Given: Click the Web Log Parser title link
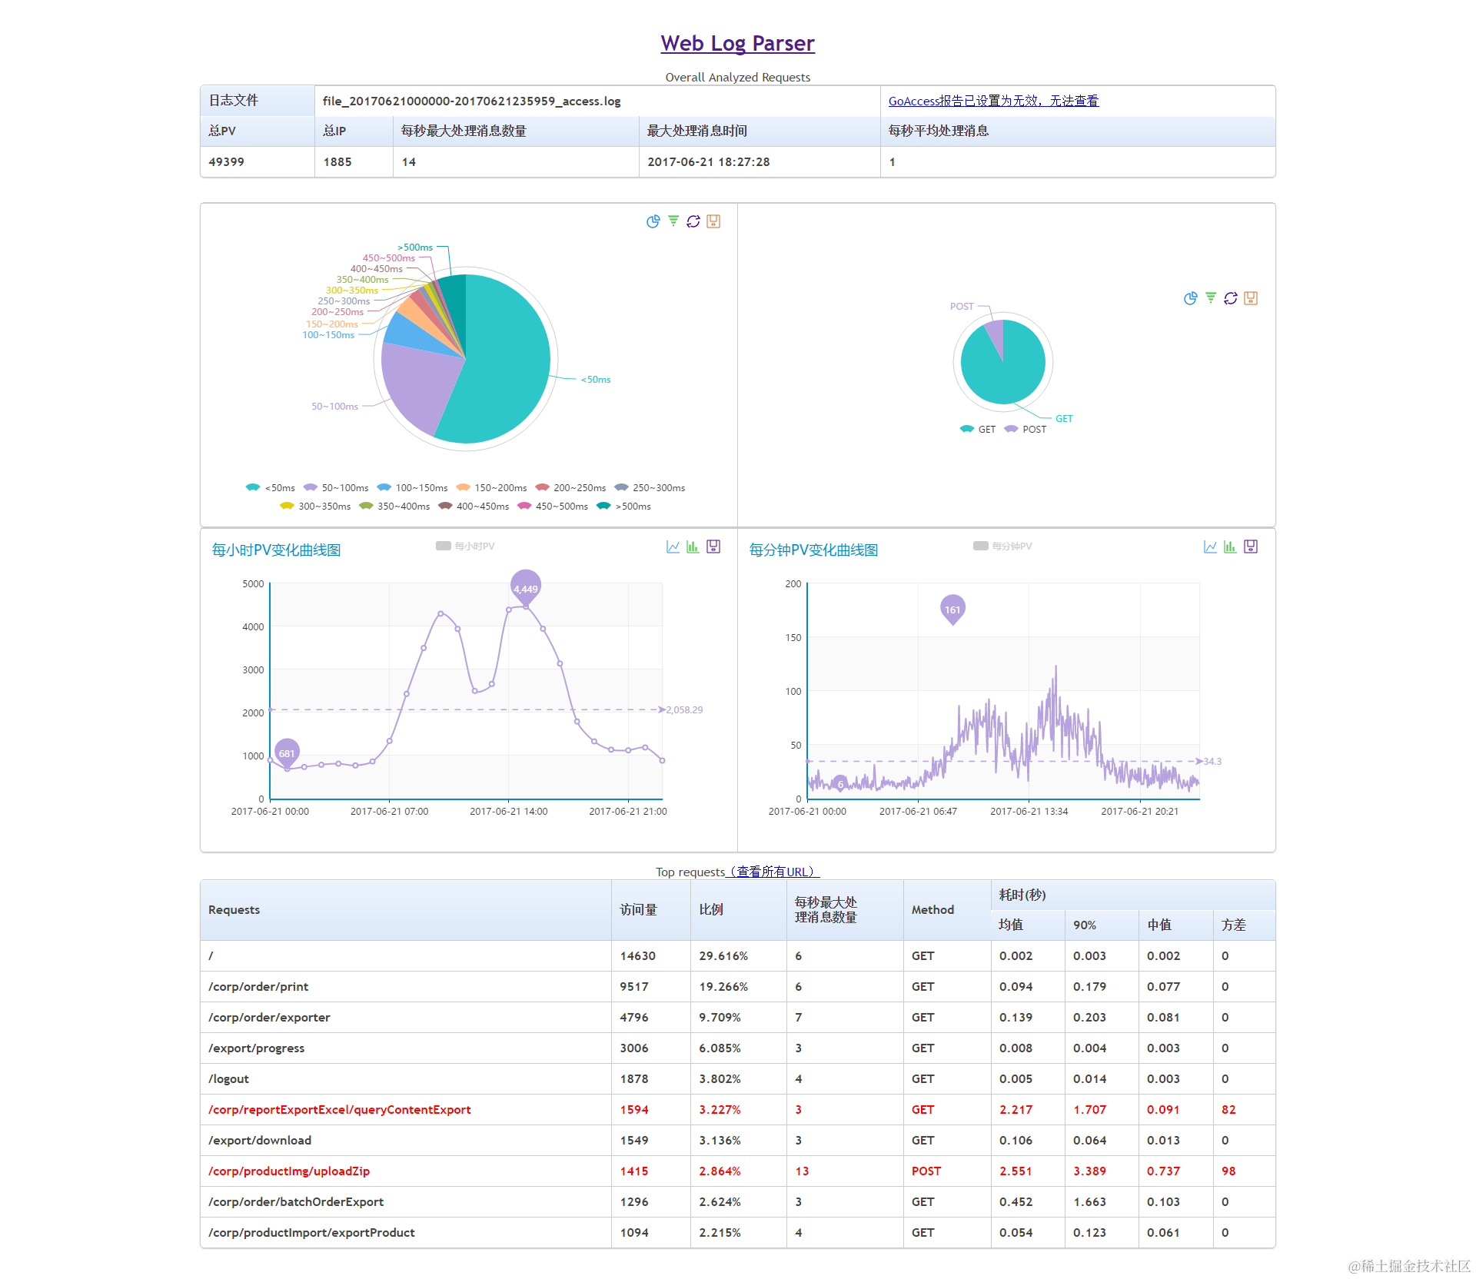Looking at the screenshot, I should pyautogui.click(x=737, y=44).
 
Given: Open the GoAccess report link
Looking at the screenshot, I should pyautogui.click(x=993, y=101).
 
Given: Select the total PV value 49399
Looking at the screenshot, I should pyautogui.click(x=226, y=162).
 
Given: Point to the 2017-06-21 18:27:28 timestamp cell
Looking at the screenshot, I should pyautogui.click(x=708, y=162).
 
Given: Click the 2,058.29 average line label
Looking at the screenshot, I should pyautogui.click(x=684, y=710).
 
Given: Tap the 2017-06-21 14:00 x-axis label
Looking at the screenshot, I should pyautogui.click(x=508, y=812).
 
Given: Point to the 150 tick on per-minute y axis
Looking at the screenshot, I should pyautogui.click(x=793, y=638).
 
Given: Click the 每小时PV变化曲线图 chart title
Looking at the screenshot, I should pyautogui.click(x=276, y=550).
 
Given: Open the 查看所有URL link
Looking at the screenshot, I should pyautogui.click(x=773, y=872).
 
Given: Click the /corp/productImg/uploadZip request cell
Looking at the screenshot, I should pyautogui.click(x=289, y=1171).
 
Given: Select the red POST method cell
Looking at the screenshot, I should pyautogui.click(x=926, y=1171).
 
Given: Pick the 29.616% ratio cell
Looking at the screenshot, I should pyautogui.click(x=723, y=956).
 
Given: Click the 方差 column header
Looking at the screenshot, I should pyautogui.click(x=1233, y=925).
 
